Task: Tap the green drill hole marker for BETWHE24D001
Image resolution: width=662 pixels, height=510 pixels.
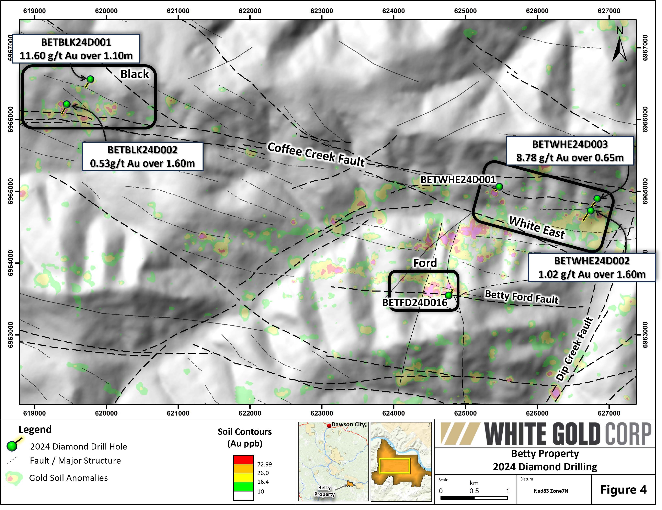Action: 499,187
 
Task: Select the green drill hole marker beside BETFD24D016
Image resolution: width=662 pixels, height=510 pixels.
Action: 449,295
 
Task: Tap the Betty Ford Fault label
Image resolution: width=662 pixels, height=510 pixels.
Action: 521,297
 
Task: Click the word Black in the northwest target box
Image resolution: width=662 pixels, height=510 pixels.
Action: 135,74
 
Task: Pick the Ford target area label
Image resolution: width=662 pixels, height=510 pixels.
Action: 425,263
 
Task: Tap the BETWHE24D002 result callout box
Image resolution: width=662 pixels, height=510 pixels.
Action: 592,268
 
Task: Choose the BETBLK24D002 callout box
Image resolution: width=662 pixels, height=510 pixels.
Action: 142,156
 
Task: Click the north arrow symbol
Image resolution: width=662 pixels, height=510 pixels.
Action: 619,48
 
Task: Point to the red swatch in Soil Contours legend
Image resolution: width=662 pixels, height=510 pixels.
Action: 243,459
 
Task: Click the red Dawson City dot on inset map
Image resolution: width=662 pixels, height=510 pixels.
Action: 329,426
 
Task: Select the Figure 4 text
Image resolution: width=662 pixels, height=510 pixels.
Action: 624,489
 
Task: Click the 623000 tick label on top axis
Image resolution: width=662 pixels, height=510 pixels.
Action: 322,11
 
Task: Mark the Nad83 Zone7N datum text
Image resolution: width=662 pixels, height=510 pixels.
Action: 551,491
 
